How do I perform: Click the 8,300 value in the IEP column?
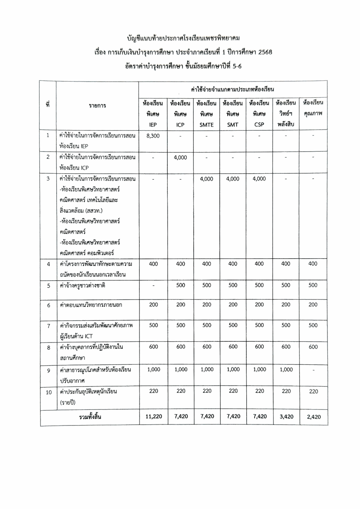click(153, 135)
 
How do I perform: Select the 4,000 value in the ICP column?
click(180, 157)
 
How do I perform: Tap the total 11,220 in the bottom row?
click(154, 416)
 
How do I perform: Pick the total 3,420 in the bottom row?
click(286, 416)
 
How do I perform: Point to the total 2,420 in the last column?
click(313, 417)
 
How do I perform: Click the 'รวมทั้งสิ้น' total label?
click(90, 417)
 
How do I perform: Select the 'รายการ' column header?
click(97, 106)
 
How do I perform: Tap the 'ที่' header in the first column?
click(48, 105)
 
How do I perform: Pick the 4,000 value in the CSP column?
click(259, 179)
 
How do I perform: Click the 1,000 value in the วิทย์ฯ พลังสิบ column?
click(286, 369)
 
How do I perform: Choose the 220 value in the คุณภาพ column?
click(313, 391)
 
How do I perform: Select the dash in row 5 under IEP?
click(153, 286)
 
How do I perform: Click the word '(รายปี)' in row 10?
click(68, 402)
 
